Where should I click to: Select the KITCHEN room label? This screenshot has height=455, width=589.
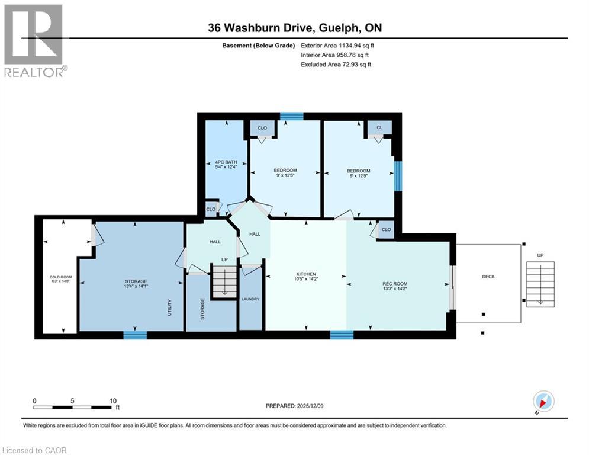pos(305,277)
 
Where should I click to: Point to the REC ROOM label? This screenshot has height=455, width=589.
pos(395,287)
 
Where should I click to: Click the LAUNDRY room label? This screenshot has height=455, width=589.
pos(250,299)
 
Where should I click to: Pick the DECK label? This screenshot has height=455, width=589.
pos(488,277)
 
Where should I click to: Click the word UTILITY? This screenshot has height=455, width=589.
pos(170,306)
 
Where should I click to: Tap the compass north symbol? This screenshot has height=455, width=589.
pos(543,402)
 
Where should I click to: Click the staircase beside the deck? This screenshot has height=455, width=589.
pos(539,283)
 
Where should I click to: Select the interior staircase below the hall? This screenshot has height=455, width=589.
pos(224,281)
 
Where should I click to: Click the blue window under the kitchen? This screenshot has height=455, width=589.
pos(342,335)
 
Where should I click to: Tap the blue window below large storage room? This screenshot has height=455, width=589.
pos(135,335)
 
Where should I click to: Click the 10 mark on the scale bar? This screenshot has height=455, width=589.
pos(113,400)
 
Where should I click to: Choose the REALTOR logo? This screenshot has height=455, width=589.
pos(34,41)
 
